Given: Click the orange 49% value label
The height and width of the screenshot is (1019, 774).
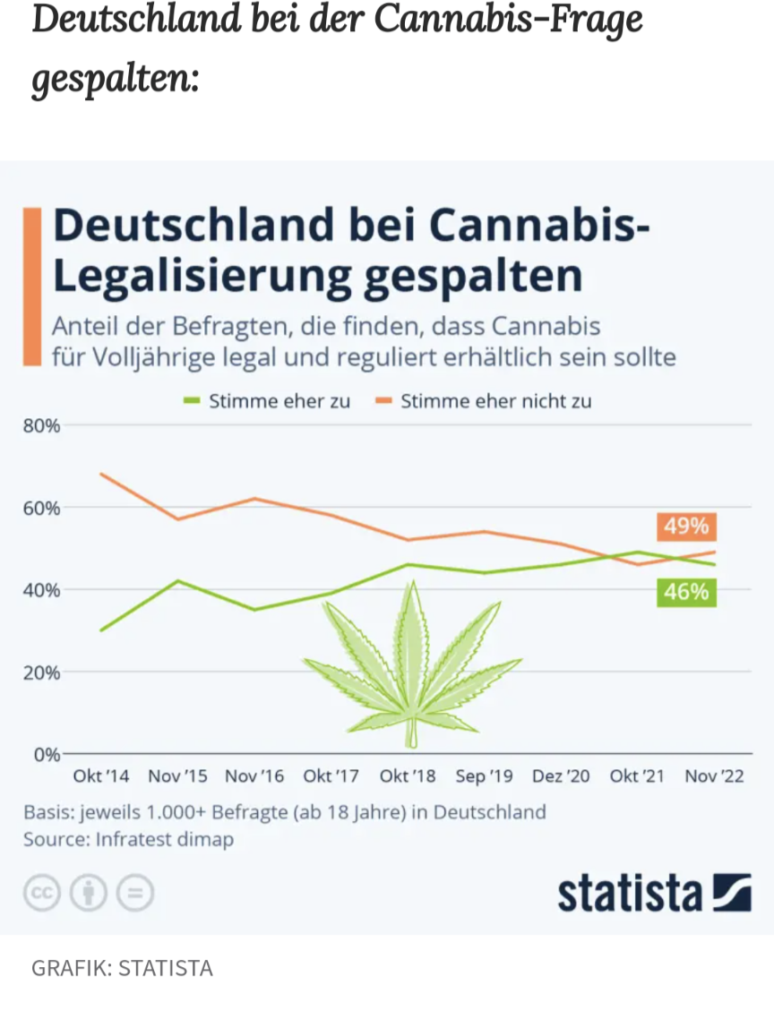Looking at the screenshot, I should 686,527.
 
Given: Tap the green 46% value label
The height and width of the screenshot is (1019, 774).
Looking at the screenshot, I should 686,592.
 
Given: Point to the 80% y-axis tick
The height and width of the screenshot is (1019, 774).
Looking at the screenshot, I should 41,425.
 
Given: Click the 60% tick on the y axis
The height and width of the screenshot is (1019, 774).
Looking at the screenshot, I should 41,508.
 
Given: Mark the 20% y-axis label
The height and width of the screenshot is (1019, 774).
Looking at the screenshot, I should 41,672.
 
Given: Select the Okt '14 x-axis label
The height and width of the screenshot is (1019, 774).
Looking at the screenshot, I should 101,776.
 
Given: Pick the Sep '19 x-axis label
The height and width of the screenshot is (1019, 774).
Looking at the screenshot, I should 484,776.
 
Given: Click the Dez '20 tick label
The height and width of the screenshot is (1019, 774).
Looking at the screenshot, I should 561,776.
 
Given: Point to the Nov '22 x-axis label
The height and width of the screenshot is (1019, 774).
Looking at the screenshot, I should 714,776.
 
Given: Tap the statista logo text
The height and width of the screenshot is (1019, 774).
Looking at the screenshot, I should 630,893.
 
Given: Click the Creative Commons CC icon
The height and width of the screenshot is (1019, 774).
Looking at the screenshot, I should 41,893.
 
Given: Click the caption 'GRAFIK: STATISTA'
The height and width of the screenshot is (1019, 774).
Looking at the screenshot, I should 122,968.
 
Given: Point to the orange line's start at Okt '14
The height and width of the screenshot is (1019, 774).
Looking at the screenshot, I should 101,474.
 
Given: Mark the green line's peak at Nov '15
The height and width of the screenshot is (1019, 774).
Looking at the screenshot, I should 177,580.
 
